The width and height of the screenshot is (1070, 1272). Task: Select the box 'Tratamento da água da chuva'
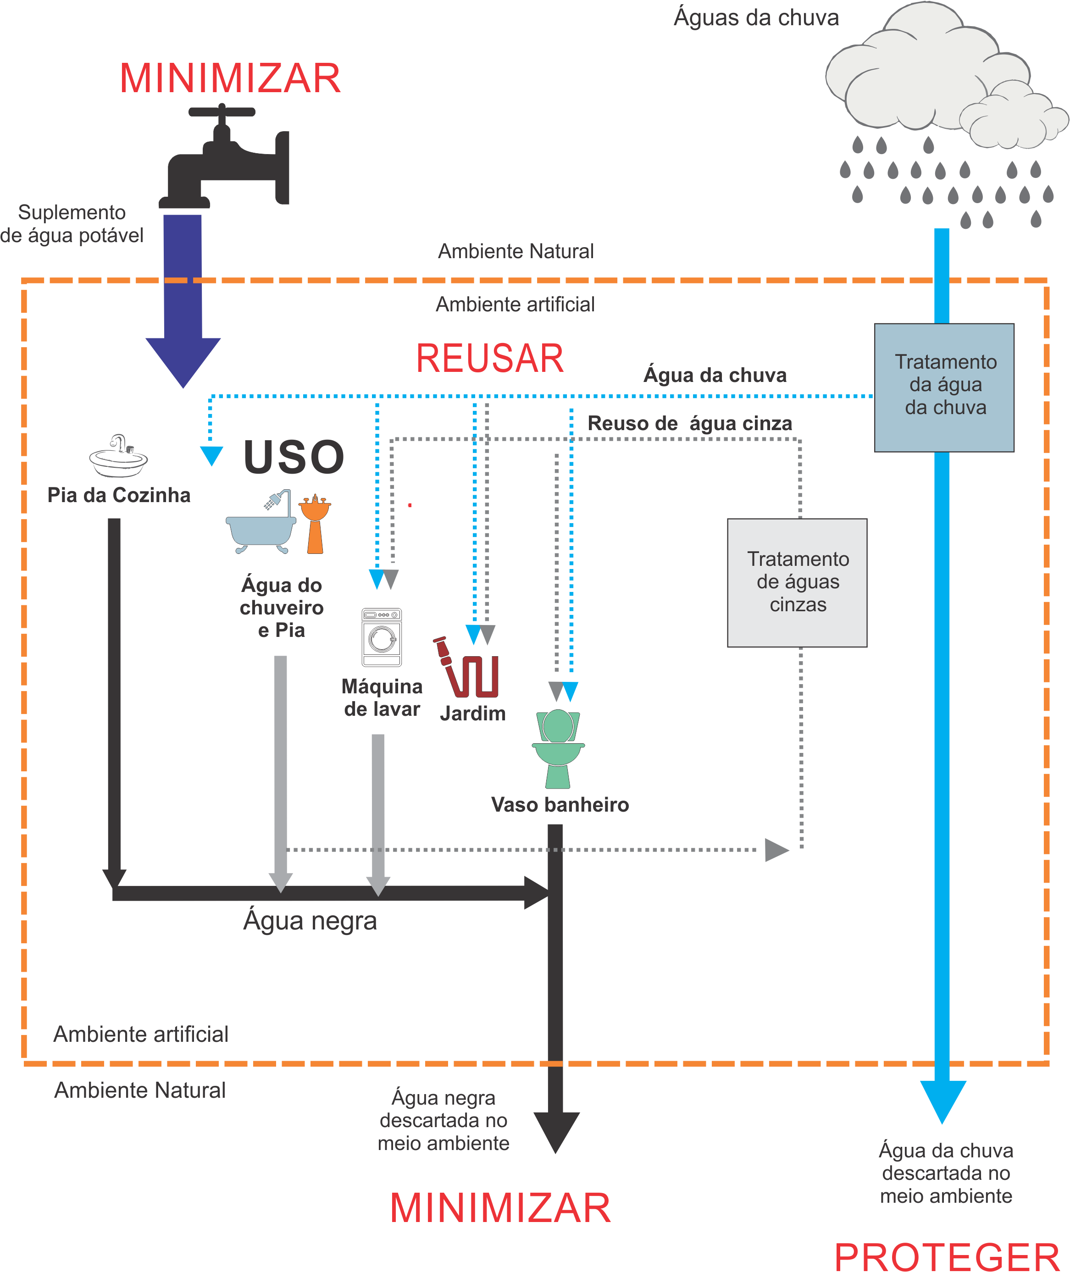[944, 387]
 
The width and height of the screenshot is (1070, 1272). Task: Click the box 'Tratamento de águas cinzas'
[797, 582]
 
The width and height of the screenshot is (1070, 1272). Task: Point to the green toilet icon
[558, 748]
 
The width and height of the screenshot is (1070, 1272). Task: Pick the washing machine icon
[382, 637]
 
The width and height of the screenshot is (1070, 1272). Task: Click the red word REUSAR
[489, 358]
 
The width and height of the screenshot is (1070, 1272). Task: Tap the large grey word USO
[294, 457]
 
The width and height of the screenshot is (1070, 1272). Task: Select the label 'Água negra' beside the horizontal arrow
[310, 920]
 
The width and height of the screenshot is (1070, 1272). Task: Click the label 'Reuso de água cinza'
[690, 423]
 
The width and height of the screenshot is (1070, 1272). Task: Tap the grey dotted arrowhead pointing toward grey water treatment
[775, 850]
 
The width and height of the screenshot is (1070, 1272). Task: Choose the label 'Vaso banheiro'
[559, 805]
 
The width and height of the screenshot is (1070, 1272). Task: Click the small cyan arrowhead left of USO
[211, 455]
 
